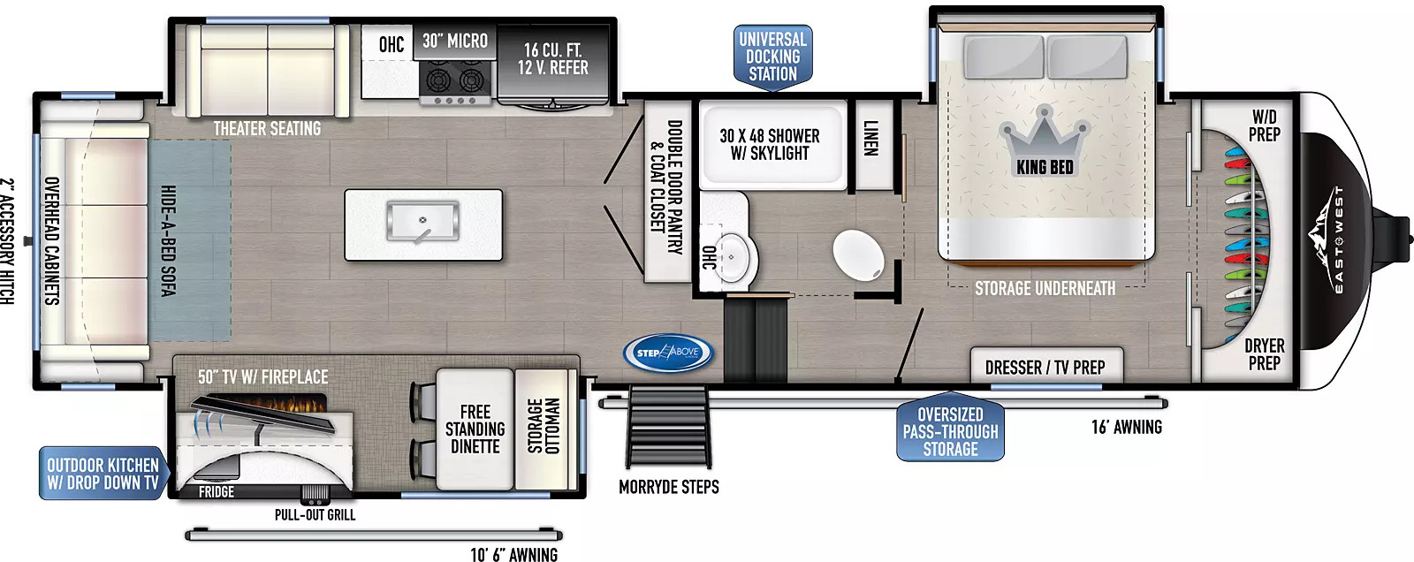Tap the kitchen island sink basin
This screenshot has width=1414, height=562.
coord(422,221)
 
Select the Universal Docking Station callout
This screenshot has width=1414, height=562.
coord(772,57)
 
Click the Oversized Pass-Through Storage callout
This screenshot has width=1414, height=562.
coord(950,429)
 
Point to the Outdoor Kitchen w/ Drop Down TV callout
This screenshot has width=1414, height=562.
coord(103,474)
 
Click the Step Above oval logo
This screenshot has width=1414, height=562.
coord(668,353)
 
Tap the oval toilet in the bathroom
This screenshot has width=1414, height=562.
coord(858,254)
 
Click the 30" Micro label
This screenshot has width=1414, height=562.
coord(455,41)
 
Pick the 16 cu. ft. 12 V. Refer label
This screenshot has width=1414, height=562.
coord(553,58)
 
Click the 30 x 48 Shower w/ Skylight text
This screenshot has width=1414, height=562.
coord(770,145)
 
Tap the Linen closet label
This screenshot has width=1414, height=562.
coord(870,138)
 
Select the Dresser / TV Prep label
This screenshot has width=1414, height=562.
coord(1045,368)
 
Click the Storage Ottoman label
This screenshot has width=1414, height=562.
coord(544,426)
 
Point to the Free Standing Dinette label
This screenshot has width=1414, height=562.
coord(475,429)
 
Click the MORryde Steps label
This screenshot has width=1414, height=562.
coord(668,487)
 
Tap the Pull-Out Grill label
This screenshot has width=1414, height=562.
coord(315,514)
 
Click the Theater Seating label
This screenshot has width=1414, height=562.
coord(267,129)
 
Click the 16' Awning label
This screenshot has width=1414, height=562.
coord(1127,428)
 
